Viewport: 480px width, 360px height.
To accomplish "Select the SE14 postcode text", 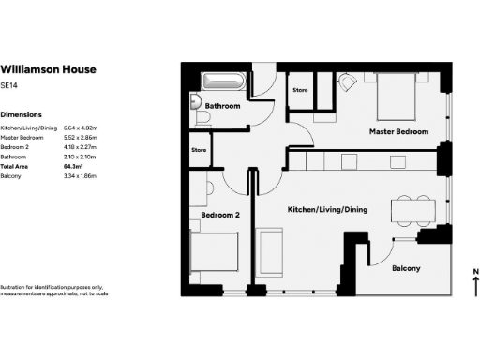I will tap(9, 85).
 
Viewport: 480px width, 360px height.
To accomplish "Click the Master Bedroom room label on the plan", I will tap(398, 132).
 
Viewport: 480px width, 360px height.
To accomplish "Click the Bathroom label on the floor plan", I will tap(223, 106).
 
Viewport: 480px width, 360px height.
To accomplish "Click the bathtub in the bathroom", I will tap(223, 82).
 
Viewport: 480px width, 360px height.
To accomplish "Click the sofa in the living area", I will tap(272, 251).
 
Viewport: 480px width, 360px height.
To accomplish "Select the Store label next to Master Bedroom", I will tap(300, 90).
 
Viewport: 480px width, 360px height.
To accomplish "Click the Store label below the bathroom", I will tap(199, 149).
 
